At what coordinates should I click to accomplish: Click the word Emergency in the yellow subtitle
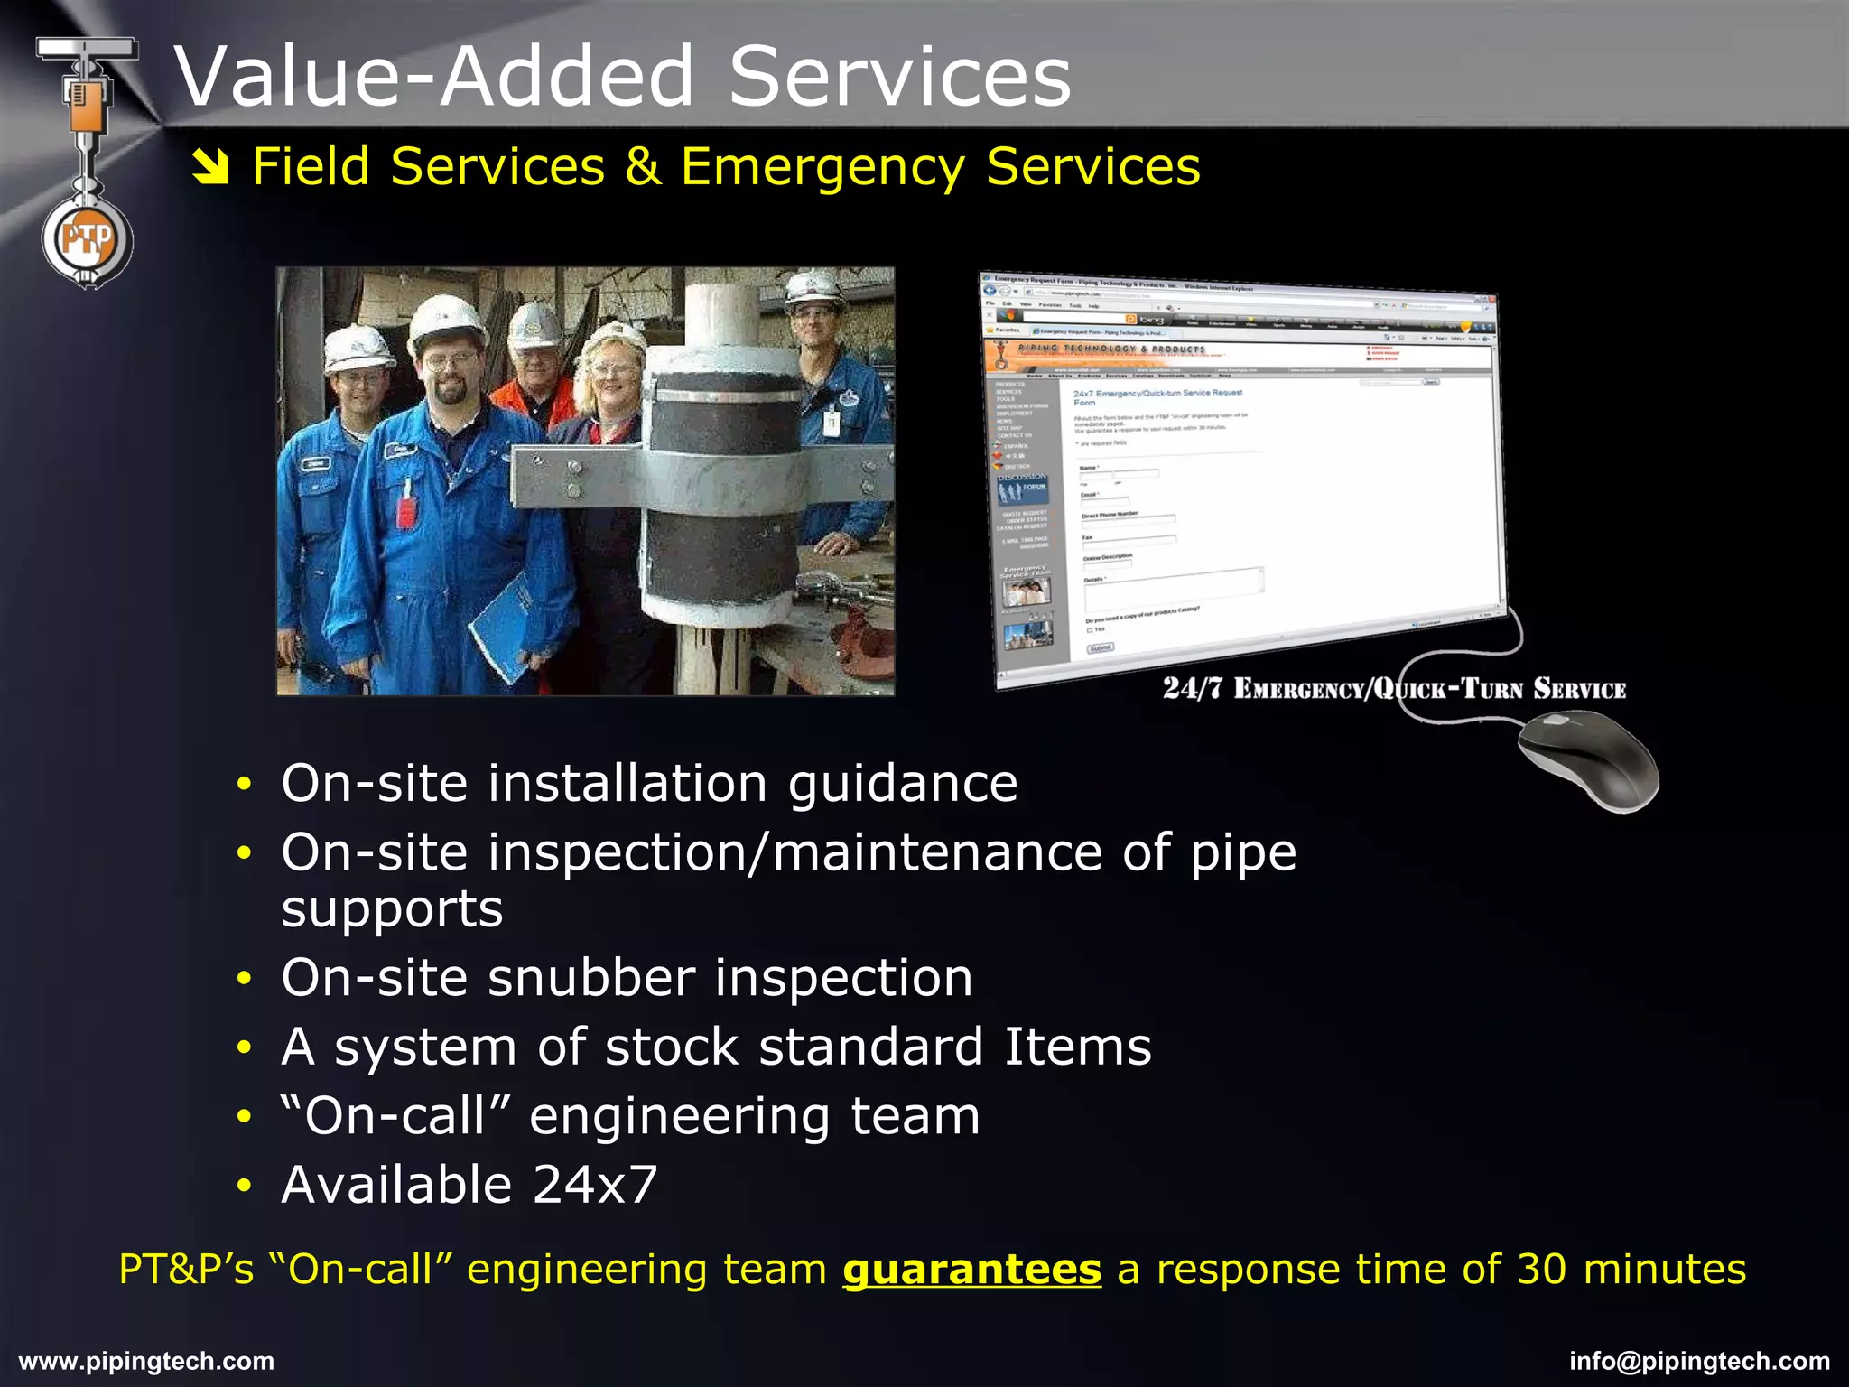click(x=822, y=168)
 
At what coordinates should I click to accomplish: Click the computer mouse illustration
click(x=1589, y=759)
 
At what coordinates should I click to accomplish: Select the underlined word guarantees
click(x=971, y=1270)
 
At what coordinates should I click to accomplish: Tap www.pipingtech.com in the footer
click(x=146, y=1361)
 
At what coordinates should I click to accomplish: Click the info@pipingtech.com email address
click(x=1699, y=1361)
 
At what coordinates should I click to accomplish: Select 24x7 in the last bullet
click(x=595, y=1185)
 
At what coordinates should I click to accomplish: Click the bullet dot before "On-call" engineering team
click(x=243, y=1117)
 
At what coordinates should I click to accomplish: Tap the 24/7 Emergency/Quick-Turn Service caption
click(x=1394, y=689)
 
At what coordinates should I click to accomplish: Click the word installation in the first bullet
click(x=627, y=783)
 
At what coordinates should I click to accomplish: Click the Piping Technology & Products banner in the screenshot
click(x=1110, y=349)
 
